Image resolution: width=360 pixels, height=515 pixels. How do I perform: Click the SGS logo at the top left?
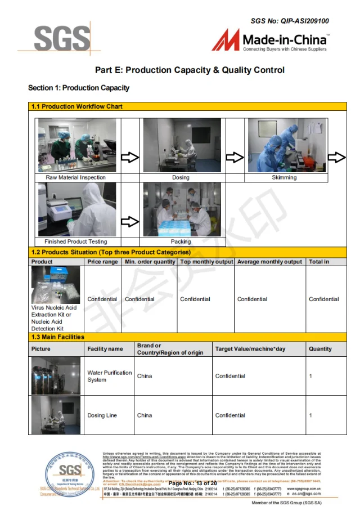coord(61,39)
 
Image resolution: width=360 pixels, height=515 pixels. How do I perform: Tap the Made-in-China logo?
coord(270,41)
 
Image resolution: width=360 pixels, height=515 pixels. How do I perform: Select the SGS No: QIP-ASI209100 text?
coord(290,21)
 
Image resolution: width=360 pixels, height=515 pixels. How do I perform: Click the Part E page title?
coord(190,70)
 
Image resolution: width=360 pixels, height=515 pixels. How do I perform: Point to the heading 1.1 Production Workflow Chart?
coord(76,106)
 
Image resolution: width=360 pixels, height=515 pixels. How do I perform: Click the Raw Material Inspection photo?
coord(76,145)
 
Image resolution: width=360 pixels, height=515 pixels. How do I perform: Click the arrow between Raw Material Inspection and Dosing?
coord(130,158)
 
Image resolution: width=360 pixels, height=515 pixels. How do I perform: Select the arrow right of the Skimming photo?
coord(336,158)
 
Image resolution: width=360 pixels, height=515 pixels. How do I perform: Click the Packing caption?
coord(181,241)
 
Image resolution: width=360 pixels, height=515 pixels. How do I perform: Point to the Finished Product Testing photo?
coord(76,209)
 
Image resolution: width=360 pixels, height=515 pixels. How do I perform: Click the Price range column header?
coord(102,262)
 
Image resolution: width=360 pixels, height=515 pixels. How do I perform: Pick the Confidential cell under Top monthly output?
coord(195,299)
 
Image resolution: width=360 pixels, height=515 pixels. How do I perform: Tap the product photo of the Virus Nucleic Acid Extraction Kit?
coord(55,285)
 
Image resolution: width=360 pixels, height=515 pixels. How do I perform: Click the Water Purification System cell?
coord(109,376)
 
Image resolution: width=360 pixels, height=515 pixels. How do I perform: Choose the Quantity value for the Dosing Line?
coord(310,415)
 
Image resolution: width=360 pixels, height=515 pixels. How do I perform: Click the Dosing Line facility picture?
coord(56,415)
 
